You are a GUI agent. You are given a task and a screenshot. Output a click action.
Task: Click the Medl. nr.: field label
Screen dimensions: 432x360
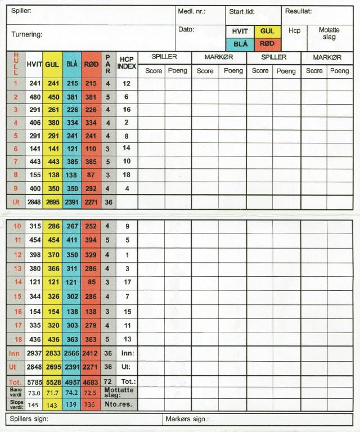point(192,11)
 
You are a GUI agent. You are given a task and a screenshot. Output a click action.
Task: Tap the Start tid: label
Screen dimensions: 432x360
point(242,11)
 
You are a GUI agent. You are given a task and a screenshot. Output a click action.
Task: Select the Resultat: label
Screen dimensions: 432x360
point(298,11)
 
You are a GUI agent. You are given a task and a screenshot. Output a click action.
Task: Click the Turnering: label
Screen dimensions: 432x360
point(27,34)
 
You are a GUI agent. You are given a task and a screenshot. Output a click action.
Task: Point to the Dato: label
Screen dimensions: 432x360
point(186,29)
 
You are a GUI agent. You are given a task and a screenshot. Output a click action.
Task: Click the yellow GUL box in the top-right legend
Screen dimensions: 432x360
point(267,31)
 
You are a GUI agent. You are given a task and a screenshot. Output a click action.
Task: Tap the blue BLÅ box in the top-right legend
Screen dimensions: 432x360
point(240,44)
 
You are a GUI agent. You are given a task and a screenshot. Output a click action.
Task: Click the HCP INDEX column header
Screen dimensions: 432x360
point(127,62)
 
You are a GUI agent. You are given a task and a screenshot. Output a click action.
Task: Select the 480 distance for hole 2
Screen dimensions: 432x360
point(35,97)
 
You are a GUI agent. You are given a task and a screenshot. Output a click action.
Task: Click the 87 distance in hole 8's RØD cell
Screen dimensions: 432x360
point(91,175)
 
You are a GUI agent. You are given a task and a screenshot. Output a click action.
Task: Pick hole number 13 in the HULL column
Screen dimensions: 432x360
point(17,268)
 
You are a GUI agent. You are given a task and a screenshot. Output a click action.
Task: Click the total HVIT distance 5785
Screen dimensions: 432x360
point(35,382)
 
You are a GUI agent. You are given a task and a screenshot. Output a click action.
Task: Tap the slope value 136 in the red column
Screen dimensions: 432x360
point(91,404)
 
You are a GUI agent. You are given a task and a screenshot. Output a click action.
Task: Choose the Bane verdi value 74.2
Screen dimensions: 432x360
point(73,392)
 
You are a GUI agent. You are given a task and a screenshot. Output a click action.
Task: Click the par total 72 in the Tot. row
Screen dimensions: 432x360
point(107,382)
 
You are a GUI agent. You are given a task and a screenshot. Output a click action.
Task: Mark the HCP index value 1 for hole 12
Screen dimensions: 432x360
point(127,255)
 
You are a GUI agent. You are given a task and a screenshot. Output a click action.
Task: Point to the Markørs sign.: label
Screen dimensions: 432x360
point(187,419)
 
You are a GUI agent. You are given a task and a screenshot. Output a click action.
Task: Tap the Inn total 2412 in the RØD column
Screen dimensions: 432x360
point(91,353)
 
